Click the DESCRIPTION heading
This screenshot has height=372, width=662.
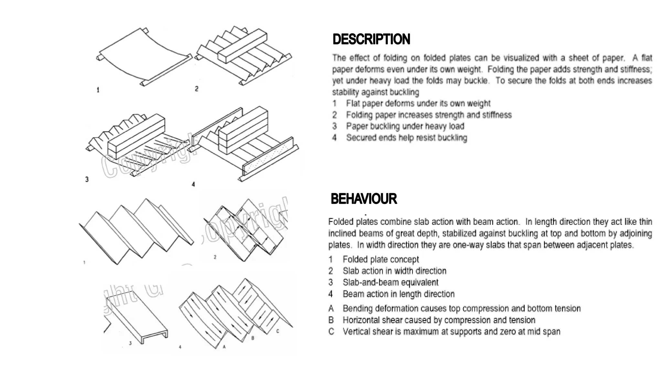[x=371, y=39]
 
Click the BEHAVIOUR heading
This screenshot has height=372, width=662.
[x=363, y=199]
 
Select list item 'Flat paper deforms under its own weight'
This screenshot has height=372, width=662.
[x=418, y=104]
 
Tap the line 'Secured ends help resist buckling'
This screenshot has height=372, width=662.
[x=406, y=138]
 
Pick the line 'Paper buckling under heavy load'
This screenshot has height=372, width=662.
[x=405, y=126]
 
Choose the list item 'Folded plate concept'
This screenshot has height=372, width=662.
[x=380, y=259]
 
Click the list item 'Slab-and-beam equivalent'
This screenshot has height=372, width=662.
[x=390, y=283]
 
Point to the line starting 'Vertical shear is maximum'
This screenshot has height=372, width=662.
[x=451, y=332]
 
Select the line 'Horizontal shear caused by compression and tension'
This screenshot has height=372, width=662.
[x=439, y=320]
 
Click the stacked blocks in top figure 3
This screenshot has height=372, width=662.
[x=136, y=136]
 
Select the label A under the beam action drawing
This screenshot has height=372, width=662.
[x=224, y=347]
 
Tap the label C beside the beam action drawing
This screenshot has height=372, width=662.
[x=278, y=331]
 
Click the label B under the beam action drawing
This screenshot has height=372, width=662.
[x=253, y=338]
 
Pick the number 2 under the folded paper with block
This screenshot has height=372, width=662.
[x=197, y=89]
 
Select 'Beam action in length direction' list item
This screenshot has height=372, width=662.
[x=398, y=294]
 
